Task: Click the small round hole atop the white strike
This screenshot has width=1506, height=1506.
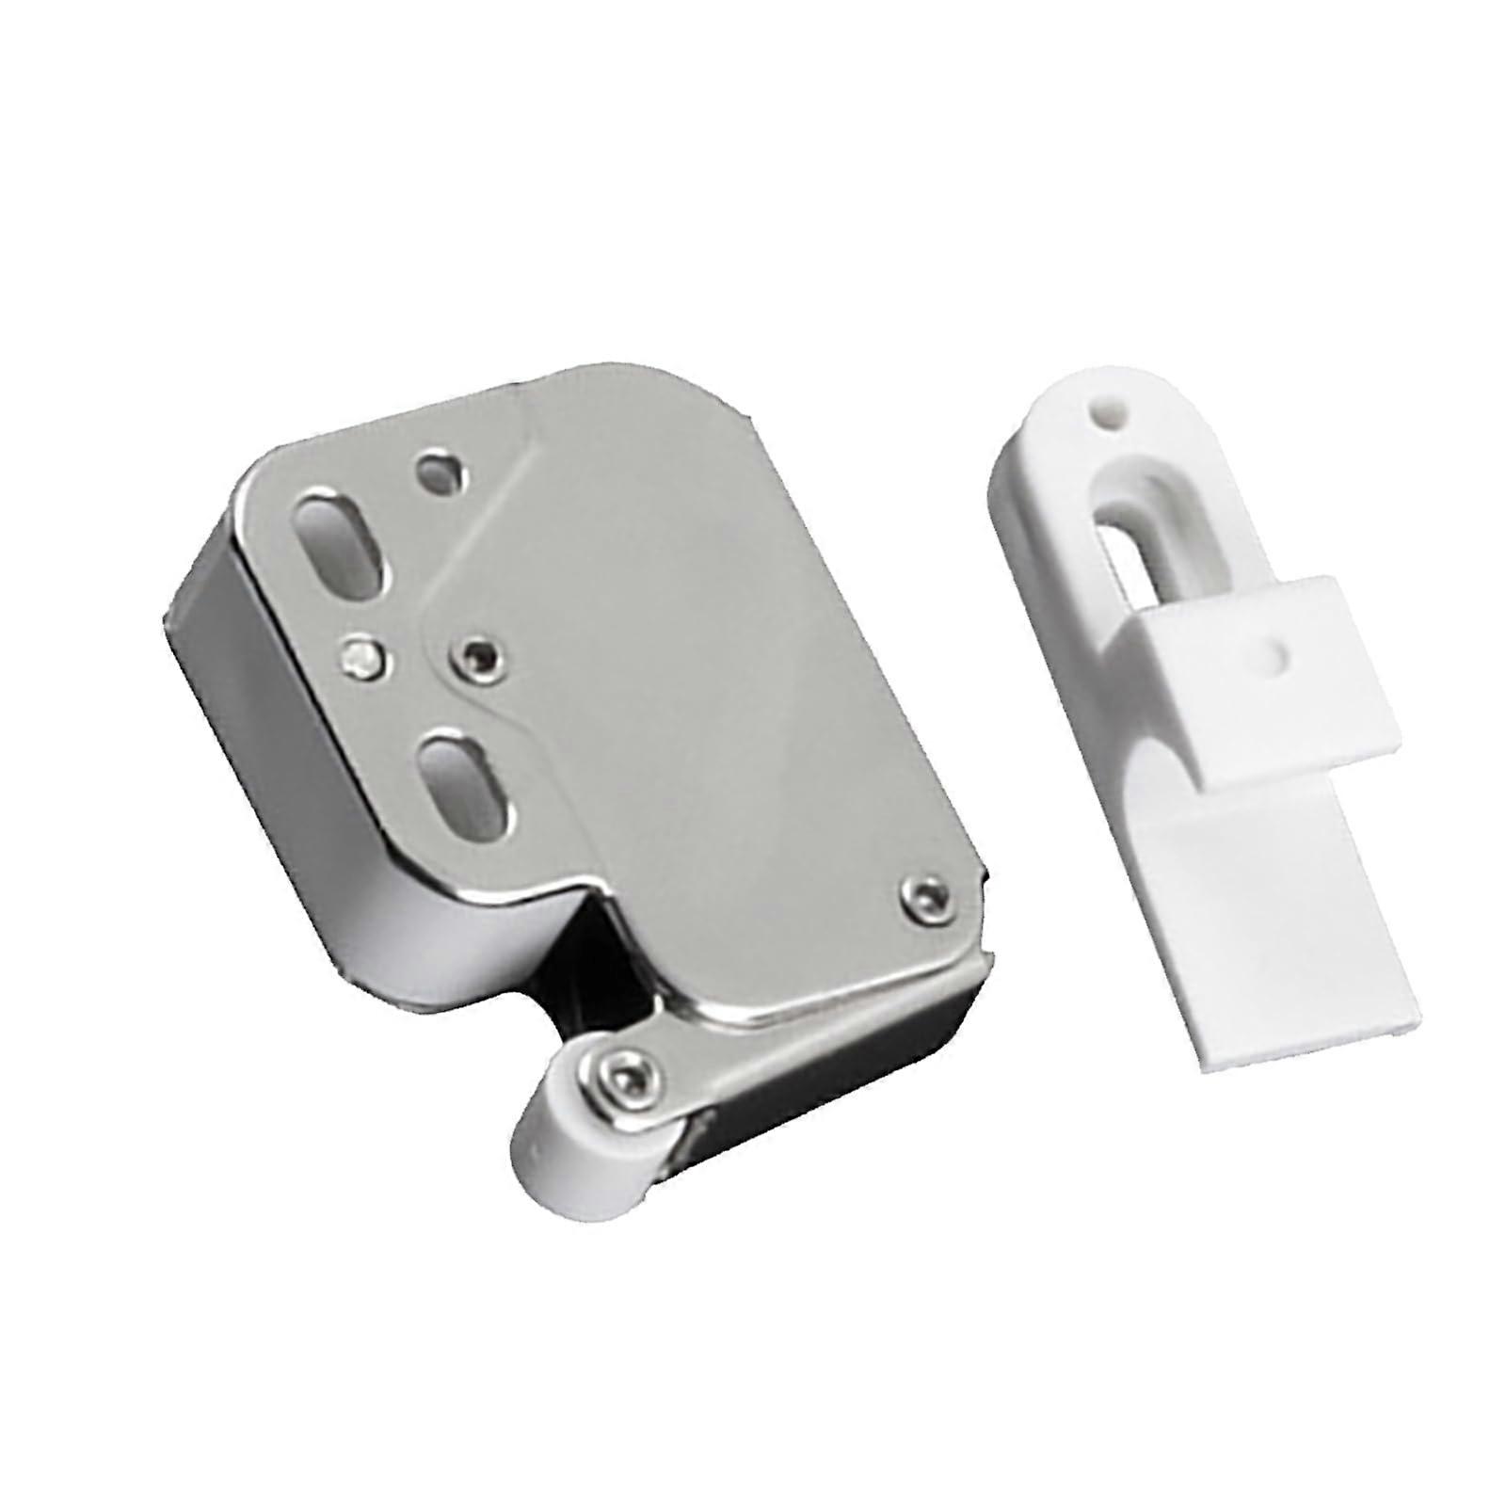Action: [1109, 415]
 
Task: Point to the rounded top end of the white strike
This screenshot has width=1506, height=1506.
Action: [1082, 395]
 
